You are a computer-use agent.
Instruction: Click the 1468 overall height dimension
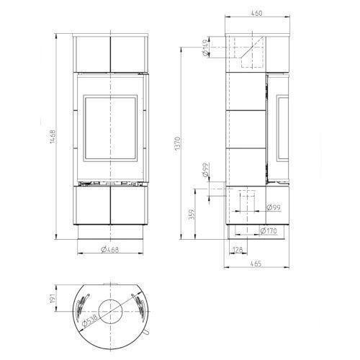[53, 137]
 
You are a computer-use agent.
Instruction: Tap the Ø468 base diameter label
[110, 250]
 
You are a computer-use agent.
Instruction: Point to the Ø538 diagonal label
[90, 320]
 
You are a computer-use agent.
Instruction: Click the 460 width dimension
[256, 13]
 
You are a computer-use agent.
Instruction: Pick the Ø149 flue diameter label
[205, 48]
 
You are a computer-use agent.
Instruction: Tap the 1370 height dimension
[177, 143]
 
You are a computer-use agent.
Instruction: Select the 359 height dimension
[192, 215]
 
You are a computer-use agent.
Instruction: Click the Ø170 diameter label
[269, 231]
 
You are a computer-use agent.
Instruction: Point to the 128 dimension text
[238, 250]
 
